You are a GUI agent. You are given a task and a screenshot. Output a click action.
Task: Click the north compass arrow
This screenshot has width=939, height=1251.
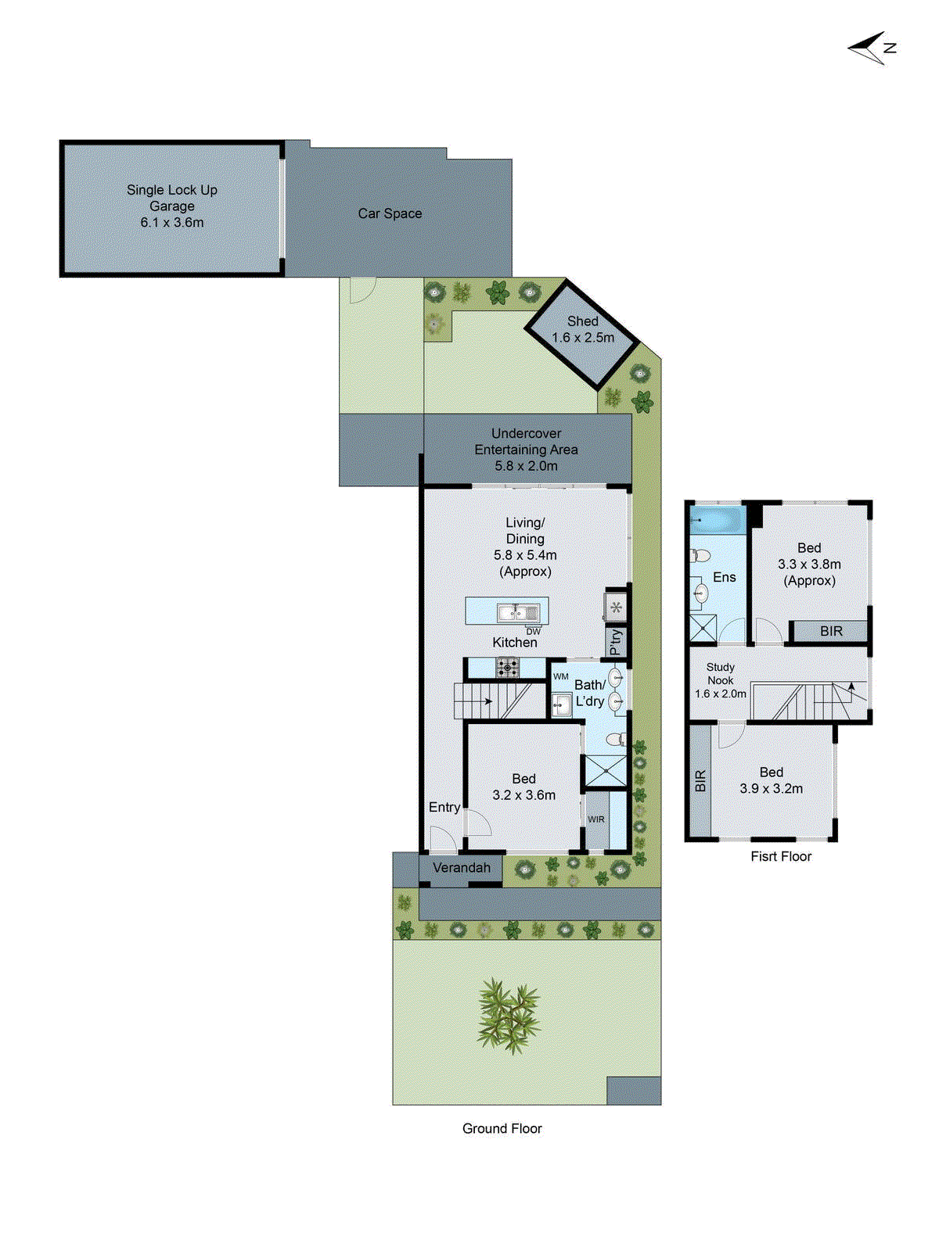click(870, 48)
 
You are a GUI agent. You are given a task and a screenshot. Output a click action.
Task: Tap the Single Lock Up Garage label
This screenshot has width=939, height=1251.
click(172, 206)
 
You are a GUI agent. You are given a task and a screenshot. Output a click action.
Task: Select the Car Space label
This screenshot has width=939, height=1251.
click(390, 213)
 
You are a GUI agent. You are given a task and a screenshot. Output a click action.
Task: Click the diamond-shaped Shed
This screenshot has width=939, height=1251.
click(583, 334)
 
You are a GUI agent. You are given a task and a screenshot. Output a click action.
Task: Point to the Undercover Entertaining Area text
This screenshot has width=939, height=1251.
click(526, 450)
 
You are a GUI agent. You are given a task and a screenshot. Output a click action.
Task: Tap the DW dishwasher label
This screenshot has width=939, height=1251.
click(533, 632)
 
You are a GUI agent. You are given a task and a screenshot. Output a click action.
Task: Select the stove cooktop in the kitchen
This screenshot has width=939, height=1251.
click(507, 667)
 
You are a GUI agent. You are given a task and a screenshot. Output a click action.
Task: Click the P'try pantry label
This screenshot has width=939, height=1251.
click(616, 641)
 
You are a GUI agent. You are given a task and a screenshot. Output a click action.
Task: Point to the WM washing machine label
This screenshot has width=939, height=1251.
click(561, 676)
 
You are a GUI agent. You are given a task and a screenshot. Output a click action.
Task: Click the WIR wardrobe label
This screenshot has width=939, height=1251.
click(596, 819)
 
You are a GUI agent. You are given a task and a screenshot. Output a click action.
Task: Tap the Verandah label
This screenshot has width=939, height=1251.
click(462, 868)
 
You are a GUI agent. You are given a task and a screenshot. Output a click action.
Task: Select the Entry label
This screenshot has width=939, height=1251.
click(444, 808)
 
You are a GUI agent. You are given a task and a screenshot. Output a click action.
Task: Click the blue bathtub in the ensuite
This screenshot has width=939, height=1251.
click(717, 520)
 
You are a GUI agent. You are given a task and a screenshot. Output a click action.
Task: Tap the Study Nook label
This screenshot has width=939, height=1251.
click(721, 680)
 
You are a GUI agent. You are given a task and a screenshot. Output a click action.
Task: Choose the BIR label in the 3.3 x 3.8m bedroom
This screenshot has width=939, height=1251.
click(831, 631)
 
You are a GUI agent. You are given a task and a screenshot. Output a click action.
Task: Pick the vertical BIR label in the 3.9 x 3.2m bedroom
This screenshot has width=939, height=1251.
click(700, 780)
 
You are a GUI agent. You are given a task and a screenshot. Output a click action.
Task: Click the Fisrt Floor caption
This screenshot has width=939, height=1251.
click(781, 857)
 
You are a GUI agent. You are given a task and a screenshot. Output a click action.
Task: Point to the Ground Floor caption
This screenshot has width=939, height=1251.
click(502, 1129)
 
